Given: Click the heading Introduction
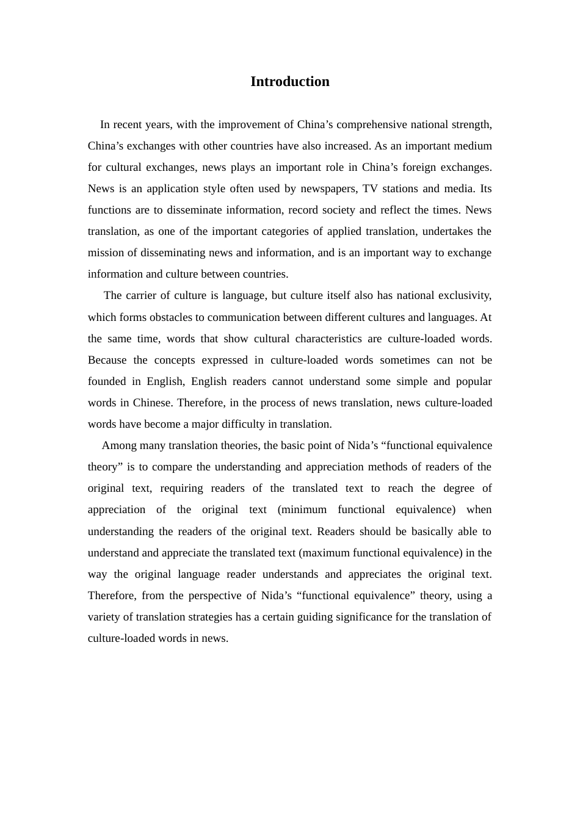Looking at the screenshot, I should tap(289, 82).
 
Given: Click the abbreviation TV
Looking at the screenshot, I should tap(370, 189).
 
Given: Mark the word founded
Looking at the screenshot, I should tap(107, 381).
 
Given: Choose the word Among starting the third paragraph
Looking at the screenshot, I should tap(119, 445).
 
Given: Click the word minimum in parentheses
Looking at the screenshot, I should tap(303, 509).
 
